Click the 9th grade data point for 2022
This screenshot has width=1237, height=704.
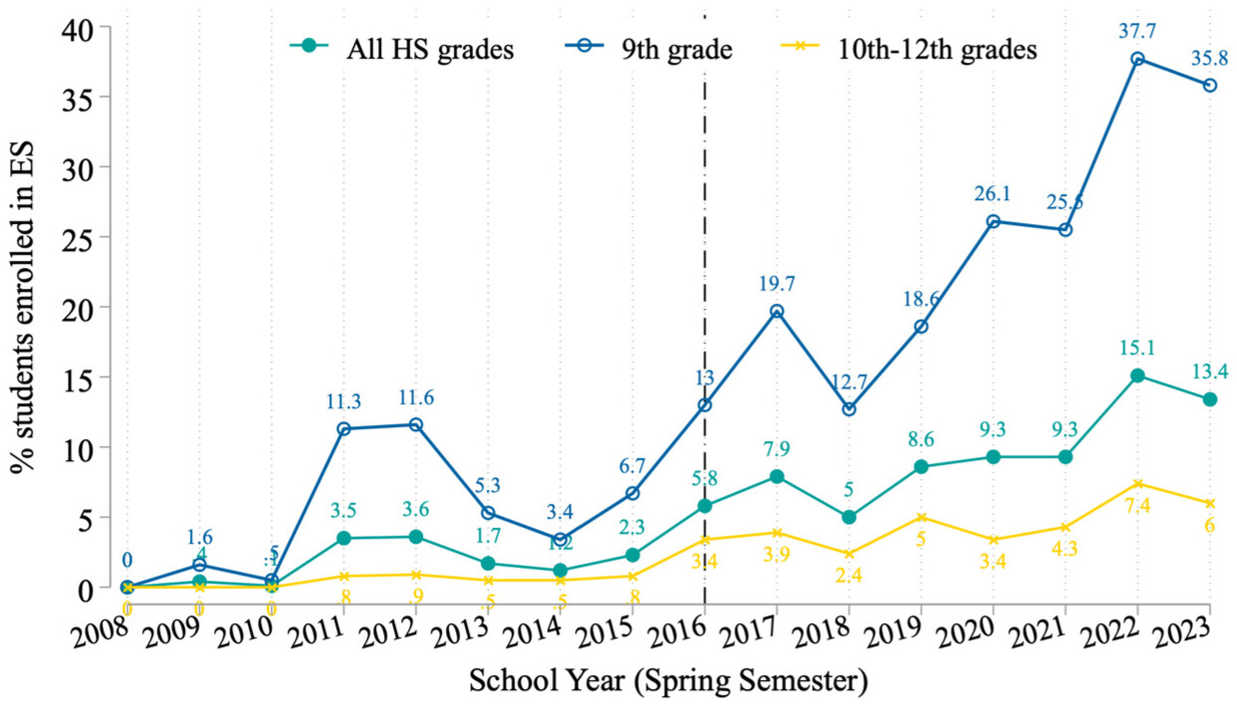coord(1137,58)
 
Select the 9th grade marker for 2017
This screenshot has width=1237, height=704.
coord(776,311)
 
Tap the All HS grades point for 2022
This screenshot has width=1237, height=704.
coord(1137,375)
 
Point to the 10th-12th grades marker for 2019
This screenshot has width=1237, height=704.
coord(921,517)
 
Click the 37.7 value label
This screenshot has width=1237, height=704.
coord(1137,30)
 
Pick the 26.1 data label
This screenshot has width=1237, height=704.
coord(993,194)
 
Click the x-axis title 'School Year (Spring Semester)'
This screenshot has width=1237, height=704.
coord(667,682)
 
